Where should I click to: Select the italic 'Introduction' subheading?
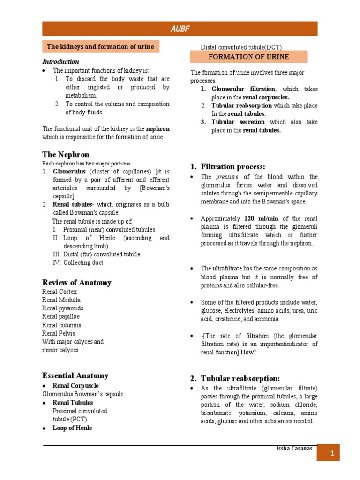pos(61,62)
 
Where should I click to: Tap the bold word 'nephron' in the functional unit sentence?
pos(157,129)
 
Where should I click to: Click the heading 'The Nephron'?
pos(66,154)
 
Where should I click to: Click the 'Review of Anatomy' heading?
pos(77,282)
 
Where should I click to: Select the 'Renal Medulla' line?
pos(61,300)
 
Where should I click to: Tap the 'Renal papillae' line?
pos(61,316)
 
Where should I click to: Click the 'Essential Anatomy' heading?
pos(75,375)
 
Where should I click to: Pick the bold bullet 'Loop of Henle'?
pos(72,428)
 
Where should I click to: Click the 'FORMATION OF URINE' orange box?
pos(248,57)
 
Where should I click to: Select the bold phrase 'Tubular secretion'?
pos(238,122)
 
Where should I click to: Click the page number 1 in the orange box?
pos(331,454)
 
